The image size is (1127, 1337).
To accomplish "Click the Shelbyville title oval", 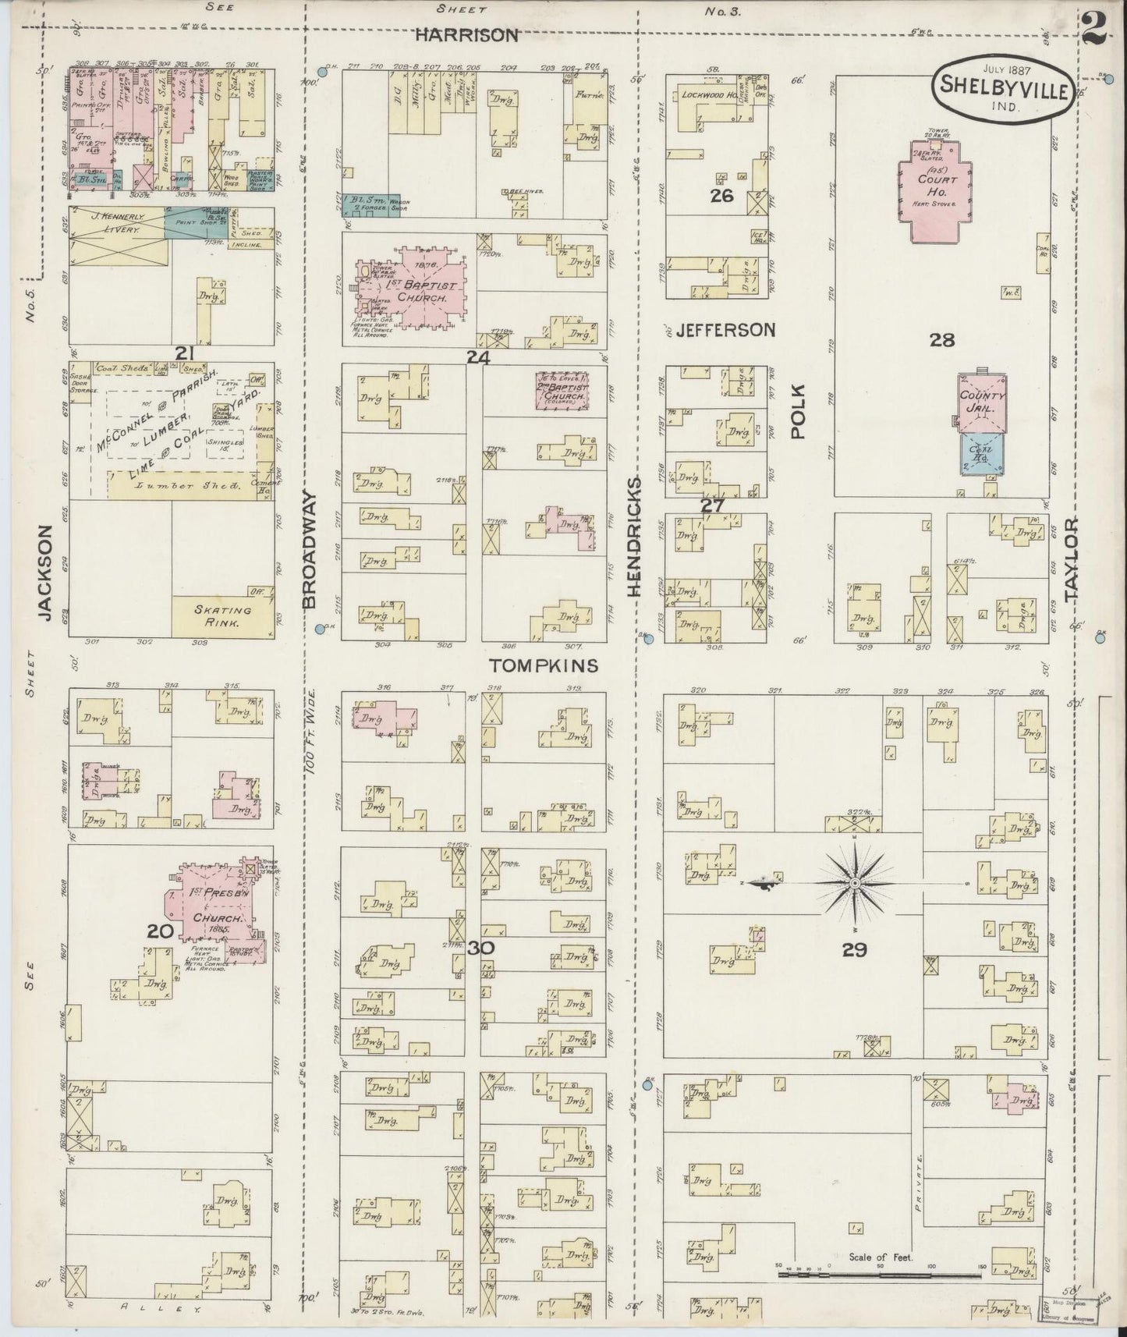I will point(1003,90).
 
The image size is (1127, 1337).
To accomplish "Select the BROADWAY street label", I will point(309,549).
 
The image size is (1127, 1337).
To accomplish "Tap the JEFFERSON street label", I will point(725,330).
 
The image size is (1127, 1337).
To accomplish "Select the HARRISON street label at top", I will point(466,35).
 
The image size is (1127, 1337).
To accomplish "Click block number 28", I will point(941,339).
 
